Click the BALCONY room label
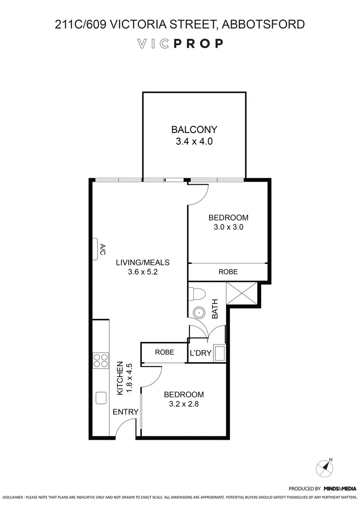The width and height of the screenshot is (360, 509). point(194,130)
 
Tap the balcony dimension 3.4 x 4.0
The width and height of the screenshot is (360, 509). point(194,141)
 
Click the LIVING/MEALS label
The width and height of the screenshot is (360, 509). point(143,263)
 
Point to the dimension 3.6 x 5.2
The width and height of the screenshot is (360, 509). point(143,272)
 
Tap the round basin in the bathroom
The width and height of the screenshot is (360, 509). point(199,312)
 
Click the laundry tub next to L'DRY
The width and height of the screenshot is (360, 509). point(219,353)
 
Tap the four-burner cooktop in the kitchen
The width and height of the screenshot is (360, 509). point(101,360)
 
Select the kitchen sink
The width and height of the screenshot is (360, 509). point(101,398)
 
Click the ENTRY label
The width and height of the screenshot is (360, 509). point(125,412)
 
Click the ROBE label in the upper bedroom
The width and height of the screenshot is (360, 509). point(228,272)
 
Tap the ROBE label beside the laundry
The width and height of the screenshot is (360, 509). point(164,352)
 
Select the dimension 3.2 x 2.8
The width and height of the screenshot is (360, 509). point(184,404)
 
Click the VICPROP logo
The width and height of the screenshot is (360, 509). point(180,44)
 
